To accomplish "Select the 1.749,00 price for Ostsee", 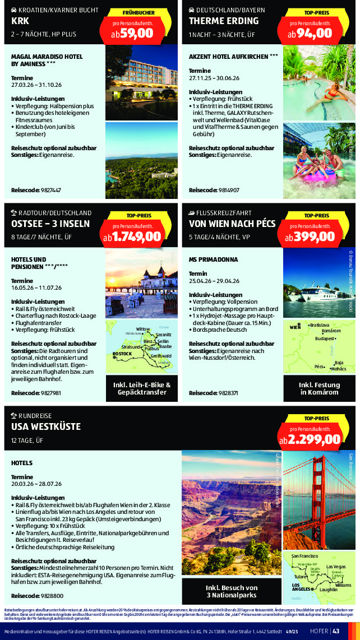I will coord(132,236).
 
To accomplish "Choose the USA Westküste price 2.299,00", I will coord(310,439).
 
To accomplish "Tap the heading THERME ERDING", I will coord(224,21).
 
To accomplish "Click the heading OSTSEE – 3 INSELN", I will coord(50,224).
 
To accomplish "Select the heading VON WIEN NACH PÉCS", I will coord(232,224).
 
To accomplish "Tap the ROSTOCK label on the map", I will coord(122,354).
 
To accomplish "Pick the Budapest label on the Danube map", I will coord(325,339).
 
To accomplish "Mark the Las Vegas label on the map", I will coord(336,567).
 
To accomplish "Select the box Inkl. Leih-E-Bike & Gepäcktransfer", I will coord(142,388).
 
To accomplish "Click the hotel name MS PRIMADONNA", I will coord(214,259).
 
